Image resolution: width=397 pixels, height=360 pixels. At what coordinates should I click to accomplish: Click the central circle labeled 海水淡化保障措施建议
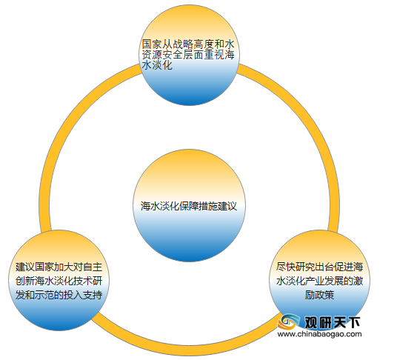[189, 205]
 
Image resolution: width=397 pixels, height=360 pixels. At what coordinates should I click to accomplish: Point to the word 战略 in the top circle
[183, 44]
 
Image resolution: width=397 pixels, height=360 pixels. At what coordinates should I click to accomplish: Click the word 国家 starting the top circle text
[152, 44]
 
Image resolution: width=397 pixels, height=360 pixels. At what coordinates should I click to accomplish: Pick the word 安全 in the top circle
[173, 55]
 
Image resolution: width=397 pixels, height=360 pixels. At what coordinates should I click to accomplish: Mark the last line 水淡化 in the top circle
[157, 65]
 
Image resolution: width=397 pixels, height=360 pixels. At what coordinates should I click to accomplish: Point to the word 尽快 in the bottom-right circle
[286, 267]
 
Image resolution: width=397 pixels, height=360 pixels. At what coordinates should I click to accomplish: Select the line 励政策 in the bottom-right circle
[319, 295]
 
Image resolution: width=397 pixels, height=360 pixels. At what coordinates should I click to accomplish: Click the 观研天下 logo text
[332, 322]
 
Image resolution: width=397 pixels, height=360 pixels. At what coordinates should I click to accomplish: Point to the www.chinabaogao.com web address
[320, 334]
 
